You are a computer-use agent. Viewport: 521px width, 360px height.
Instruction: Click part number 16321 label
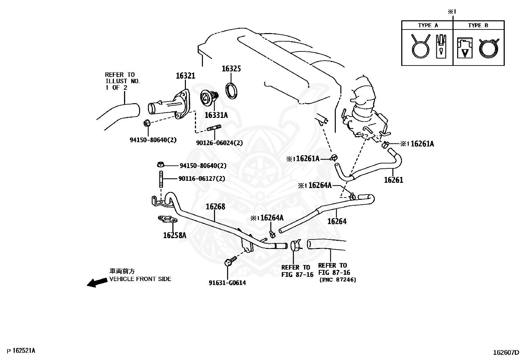[x=185, y=76]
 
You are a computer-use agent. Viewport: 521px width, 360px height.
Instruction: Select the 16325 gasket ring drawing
[x=232, y=91]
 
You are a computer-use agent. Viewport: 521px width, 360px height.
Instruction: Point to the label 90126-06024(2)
[x=219, y=143]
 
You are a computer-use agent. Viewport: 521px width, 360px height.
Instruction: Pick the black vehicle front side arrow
[x=97, y=282]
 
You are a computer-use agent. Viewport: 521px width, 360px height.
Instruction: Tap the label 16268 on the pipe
[x=215, y=207]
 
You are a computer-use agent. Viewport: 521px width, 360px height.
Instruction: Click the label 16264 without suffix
[x=337, y=221]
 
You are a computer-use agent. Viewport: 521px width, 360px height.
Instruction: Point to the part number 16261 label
[x=393, y=180]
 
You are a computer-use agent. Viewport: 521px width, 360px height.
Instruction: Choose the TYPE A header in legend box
[x=427, y=26]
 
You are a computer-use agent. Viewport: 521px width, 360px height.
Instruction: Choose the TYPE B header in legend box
[x=478, y=26]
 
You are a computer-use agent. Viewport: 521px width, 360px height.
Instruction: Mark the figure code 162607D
[x=506, y=353]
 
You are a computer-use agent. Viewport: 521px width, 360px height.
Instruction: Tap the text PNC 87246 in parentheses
[x=337, y=280]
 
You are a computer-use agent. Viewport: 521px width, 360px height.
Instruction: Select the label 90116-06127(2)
[x=202, y=179]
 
